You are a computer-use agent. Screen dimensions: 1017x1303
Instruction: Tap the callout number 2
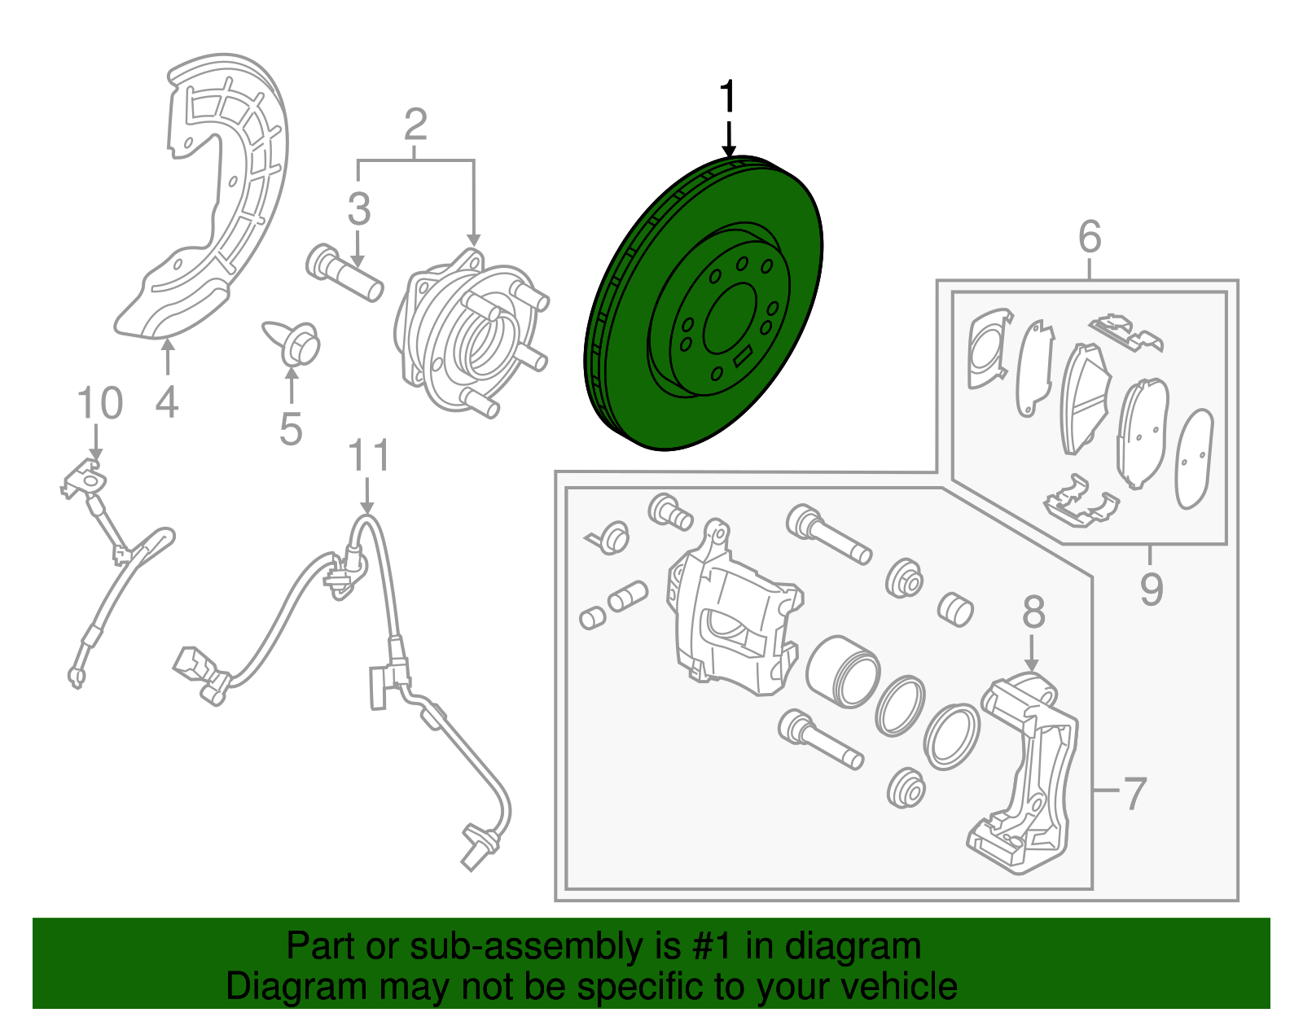click(415, 125)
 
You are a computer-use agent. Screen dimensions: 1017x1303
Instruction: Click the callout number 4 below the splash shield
click(166, 402)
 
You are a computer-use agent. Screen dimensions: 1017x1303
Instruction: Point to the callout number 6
click(1090, 237)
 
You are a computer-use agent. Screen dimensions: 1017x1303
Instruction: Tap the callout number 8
click(1033, 612)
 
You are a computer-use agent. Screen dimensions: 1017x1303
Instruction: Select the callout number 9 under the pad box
click(1151, 589)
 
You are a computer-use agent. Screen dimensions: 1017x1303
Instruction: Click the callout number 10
click(99, 404)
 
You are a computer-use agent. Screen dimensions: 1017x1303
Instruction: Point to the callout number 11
click(369, 457)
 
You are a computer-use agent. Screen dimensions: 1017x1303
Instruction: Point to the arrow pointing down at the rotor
click(728, 138)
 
